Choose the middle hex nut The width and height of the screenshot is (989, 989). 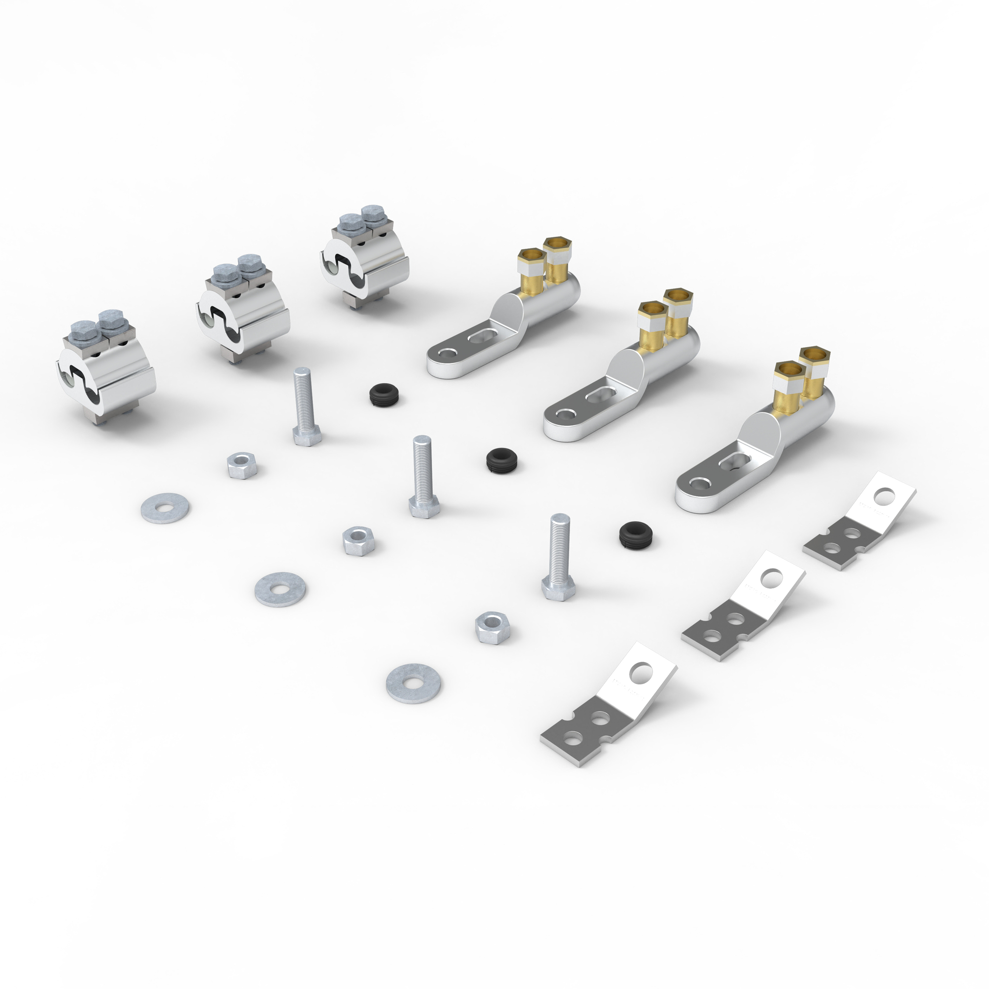[x=359, y=540]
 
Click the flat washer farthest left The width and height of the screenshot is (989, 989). [x=164, y=508]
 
